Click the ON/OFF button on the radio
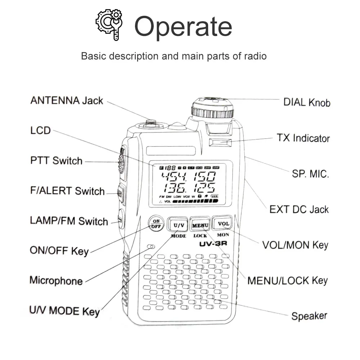(x=156, y=224)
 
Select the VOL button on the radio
(x=223, y=224)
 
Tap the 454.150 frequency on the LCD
(x=188, y=177)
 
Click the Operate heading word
(x=183, y=26)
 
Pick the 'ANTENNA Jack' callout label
(x=67, y=100)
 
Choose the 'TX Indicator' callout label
(x=303, y=138)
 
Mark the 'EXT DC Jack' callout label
(x=299, y=209)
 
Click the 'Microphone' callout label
(x=56, y=280)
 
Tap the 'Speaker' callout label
(x=309, y=316)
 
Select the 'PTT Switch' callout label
(x=57, y=161)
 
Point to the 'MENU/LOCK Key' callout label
(x=287, y=280)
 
